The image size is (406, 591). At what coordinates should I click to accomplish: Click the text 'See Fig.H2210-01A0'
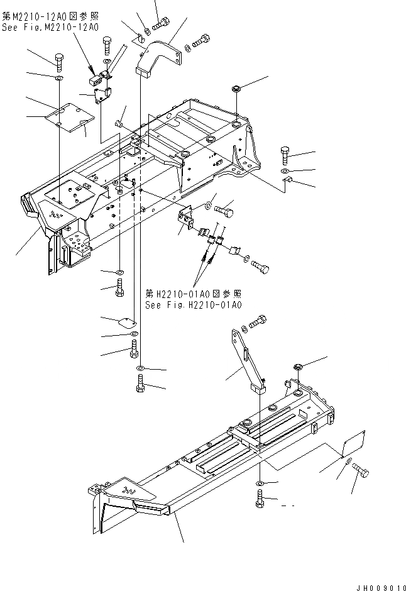tap(193, 305)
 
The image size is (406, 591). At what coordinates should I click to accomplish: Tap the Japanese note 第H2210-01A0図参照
tap(193, 294)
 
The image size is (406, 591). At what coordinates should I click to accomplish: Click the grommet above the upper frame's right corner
tap(237, 90)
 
